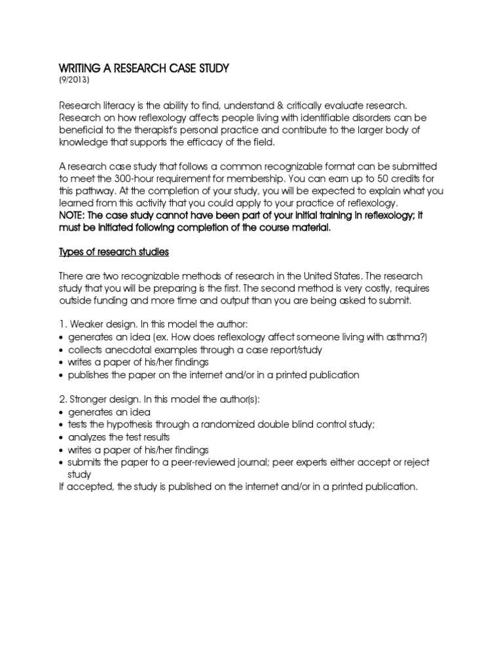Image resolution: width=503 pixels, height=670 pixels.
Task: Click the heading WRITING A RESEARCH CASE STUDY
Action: (145, 69)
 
